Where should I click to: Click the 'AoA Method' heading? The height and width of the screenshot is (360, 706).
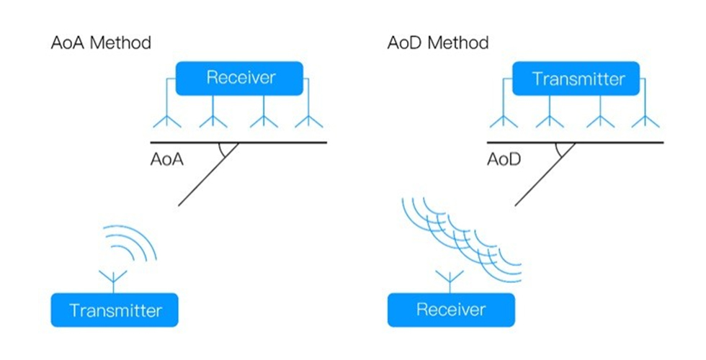click(101, 42)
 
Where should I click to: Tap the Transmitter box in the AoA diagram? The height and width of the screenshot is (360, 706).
click(115, 310)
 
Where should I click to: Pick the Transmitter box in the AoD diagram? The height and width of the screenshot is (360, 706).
click(576, 78)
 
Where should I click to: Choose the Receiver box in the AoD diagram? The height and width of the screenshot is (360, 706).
click(451, 310)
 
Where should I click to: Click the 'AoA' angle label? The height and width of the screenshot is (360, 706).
click(167, 160)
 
